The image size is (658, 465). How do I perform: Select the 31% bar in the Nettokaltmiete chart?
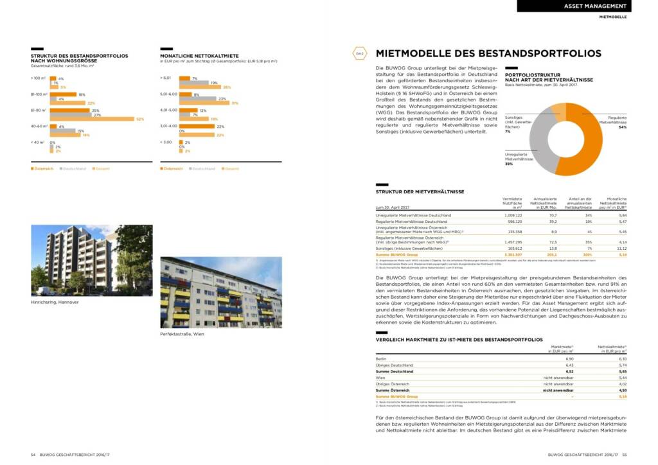click(x=205, y=103)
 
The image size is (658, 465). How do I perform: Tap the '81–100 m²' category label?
click(x=39, y=94)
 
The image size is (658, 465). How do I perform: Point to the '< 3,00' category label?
click(x=166, y=142)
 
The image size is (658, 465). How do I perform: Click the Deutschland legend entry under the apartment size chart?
click(x=73, y=169)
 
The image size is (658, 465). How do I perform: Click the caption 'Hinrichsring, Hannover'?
click(x=55, y=302)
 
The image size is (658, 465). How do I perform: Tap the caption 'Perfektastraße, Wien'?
click(x=182, y=334)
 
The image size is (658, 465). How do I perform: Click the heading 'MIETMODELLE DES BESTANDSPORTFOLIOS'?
click(x=488, y=54)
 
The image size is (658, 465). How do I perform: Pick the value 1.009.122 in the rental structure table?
click(x=512, y=215)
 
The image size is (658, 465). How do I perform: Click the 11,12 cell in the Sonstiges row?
click(x=621, y=248)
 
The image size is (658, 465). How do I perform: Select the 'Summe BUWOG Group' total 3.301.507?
click(x=511, y=254)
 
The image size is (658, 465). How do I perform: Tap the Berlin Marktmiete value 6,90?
click(x=568, y=359)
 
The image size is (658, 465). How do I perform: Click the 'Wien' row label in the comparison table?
click(x=380, y=378)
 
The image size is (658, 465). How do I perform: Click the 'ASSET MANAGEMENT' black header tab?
click(x=574, y=6)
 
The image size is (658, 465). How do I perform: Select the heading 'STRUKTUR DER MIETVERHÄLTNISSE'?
click(x=420, y=191)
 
